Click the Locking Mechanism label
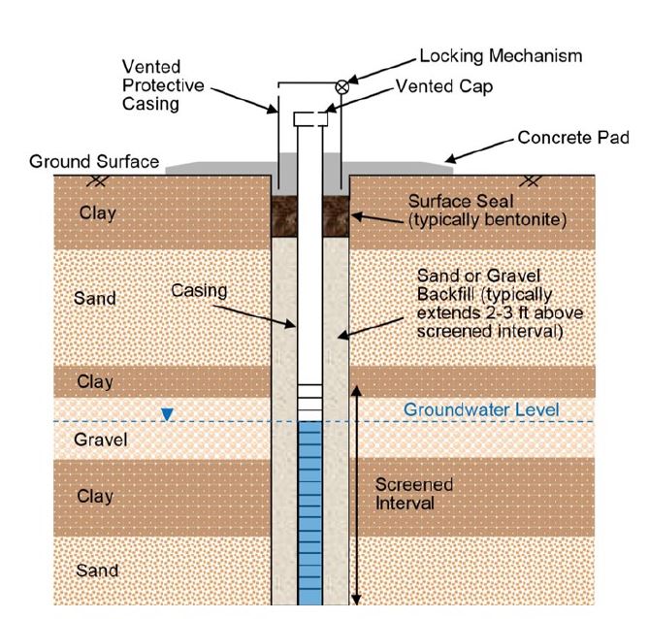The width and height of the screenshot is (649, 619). [x=501, y=55]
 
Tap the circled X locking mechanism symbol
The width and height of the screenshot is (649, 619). [x=341, y=86]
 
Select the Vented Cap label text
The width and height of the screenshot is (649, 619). [x=444, y=86]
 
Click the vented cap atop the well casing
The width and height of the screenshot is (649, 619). [x=310, y=118]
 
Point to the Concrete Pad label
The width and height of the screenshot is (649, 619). [x=573, y=139]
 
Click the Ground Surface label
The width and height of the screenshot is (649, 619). [x=94, y=162]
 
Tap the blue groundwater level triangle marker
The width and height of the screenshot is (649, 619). [x=168, y=414]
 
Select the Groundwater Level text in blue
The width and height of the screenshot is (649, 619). [x=481, y=409]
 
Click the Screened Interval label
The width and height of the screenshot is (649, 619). [x=413, y=494]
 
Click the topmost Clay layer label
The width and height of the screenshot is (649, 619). [x=96, y=212]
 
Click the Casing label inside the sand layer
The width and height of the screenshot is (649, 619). [x=199, y=290]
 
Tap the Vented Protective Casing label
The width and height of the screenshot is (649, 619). [x=163, y=84]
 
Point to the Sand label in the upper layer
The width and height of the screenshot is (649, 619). [x=95, y=298]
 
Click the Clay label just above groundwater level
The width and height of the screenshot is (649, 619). [x=95, y=381]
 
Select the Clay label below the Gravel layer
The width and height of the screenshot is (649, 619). [x=95, y=496]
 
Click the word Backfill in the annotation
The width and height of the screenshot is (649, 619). [x=443, y=294]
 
